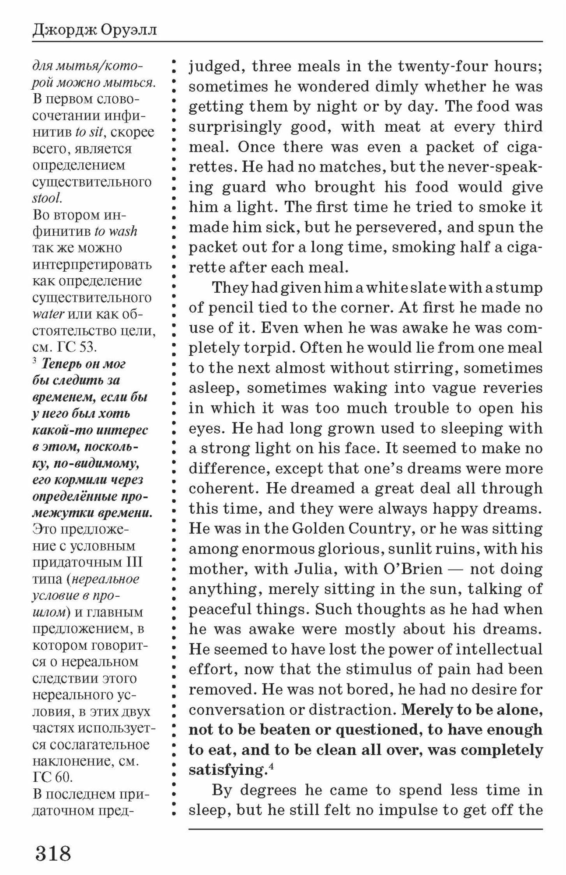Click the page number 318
tap(53, 853)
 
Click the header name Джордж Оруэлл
tap(94, 31)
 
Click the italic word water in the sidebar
tap(48, 314)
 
